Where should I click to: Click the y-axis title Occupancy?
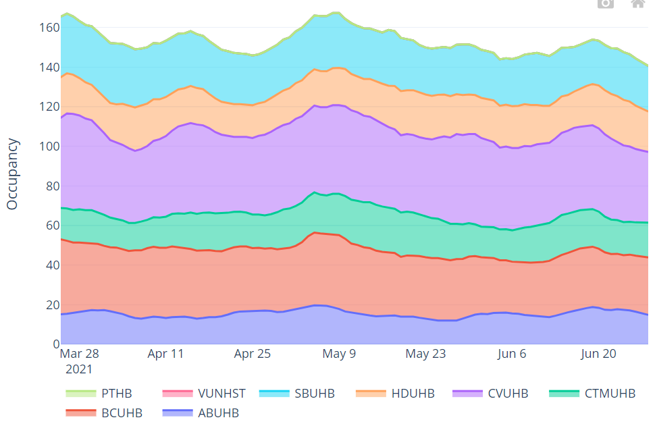12,174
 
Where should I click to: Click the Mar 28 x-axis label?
80,354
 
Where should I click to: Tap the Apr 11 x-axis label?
165,354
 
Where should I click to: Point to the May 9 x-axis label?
339,354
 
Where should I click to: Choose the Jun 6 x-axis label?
512,354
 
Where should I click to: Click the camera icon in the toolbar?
606,3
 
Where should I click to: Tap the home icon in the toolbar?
638,3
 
